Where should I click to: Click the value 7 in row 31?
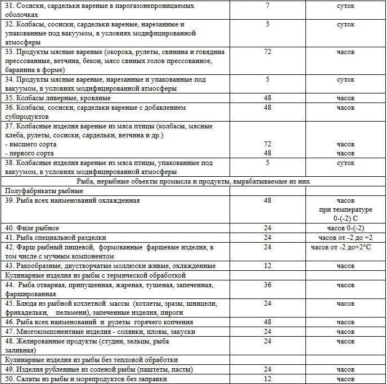coord(267,6)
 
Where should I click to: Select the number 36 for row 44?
coord(267,285)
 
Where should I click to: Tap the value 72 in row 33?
coord(267,52)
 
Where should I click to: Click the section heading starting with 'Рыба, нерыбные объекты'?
coord(193,181)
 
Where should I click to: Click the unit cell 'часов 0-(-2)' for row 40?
coord(345,228)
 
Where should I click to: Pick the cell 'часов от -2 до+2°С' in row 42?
coord(345,247)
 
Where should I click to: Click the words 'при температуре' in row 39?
coord(345,209)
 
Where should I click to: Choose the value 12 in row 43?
coord(267,266)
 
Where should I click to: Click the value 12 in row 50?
coord(267,379)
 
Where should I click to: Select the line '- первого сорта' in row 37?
coord(29,153)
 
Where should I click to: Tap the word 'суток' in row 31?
coord(345,6)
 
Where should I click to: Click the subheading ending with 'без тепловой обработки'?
coord(91,359)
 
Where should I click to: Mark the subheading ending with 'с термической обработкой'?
coord(95,275)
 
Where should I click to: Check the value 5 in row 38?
coord(267,163)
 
